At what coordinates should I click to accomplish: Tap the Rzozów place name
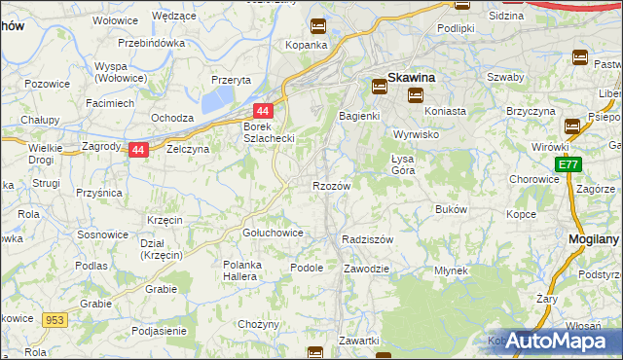[x=331, y=185]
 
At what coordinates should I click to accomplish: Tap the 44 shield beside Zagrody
[x=139, y=150]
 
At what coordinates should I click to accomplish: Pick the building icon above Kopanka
[x=317, y=27]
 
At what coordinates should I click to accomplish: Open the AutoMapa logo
[x=556, y=341]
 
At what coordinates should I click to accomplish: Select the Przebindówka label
[x=151, y=44]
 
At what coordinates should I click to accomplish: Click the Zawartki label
[x=359, y=341]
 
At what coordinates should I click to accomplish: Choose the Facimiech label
[x=109, y=102]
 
